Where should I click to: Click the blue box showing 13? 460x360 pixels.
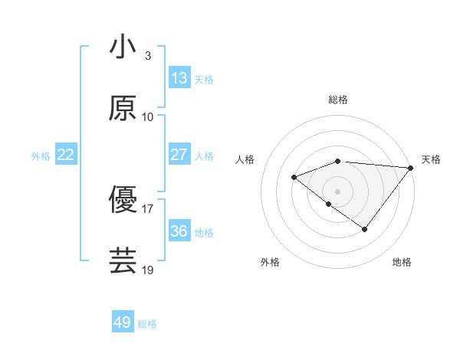click(179, 78)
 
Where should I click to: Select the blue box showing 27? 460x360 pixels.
click(179, 155)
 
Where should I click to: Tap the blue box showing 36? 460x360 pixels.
click(179, 231)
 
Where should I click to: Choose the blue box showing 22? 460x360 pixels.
click(66, 155)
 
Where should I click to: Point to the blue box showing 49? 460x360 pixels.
click(123, 322)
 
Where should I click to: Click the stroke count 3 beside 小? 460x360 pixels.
click(148, 56)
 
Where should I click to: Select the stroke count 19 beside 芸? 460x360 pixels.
click(148, 270)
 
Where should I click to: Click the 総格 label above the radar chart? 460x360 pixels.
click(338, 100)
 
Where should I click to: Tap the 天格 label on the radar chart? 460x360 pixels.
click(431, 159)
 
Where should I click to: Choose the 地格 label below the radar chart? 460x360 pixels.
click(402, 263)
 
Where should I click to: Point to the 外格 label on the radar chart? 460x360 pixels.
click(270, 263)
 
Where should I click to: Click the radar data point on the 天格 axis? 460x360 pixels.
click(411, 167)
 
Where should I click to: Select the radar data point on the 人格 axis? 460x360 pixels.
click(294, 177)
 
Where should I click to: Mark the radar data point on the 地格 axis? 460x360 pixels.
click(365, 229)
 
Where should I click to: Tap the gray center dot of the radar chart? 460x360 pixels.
click(338, 191)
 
